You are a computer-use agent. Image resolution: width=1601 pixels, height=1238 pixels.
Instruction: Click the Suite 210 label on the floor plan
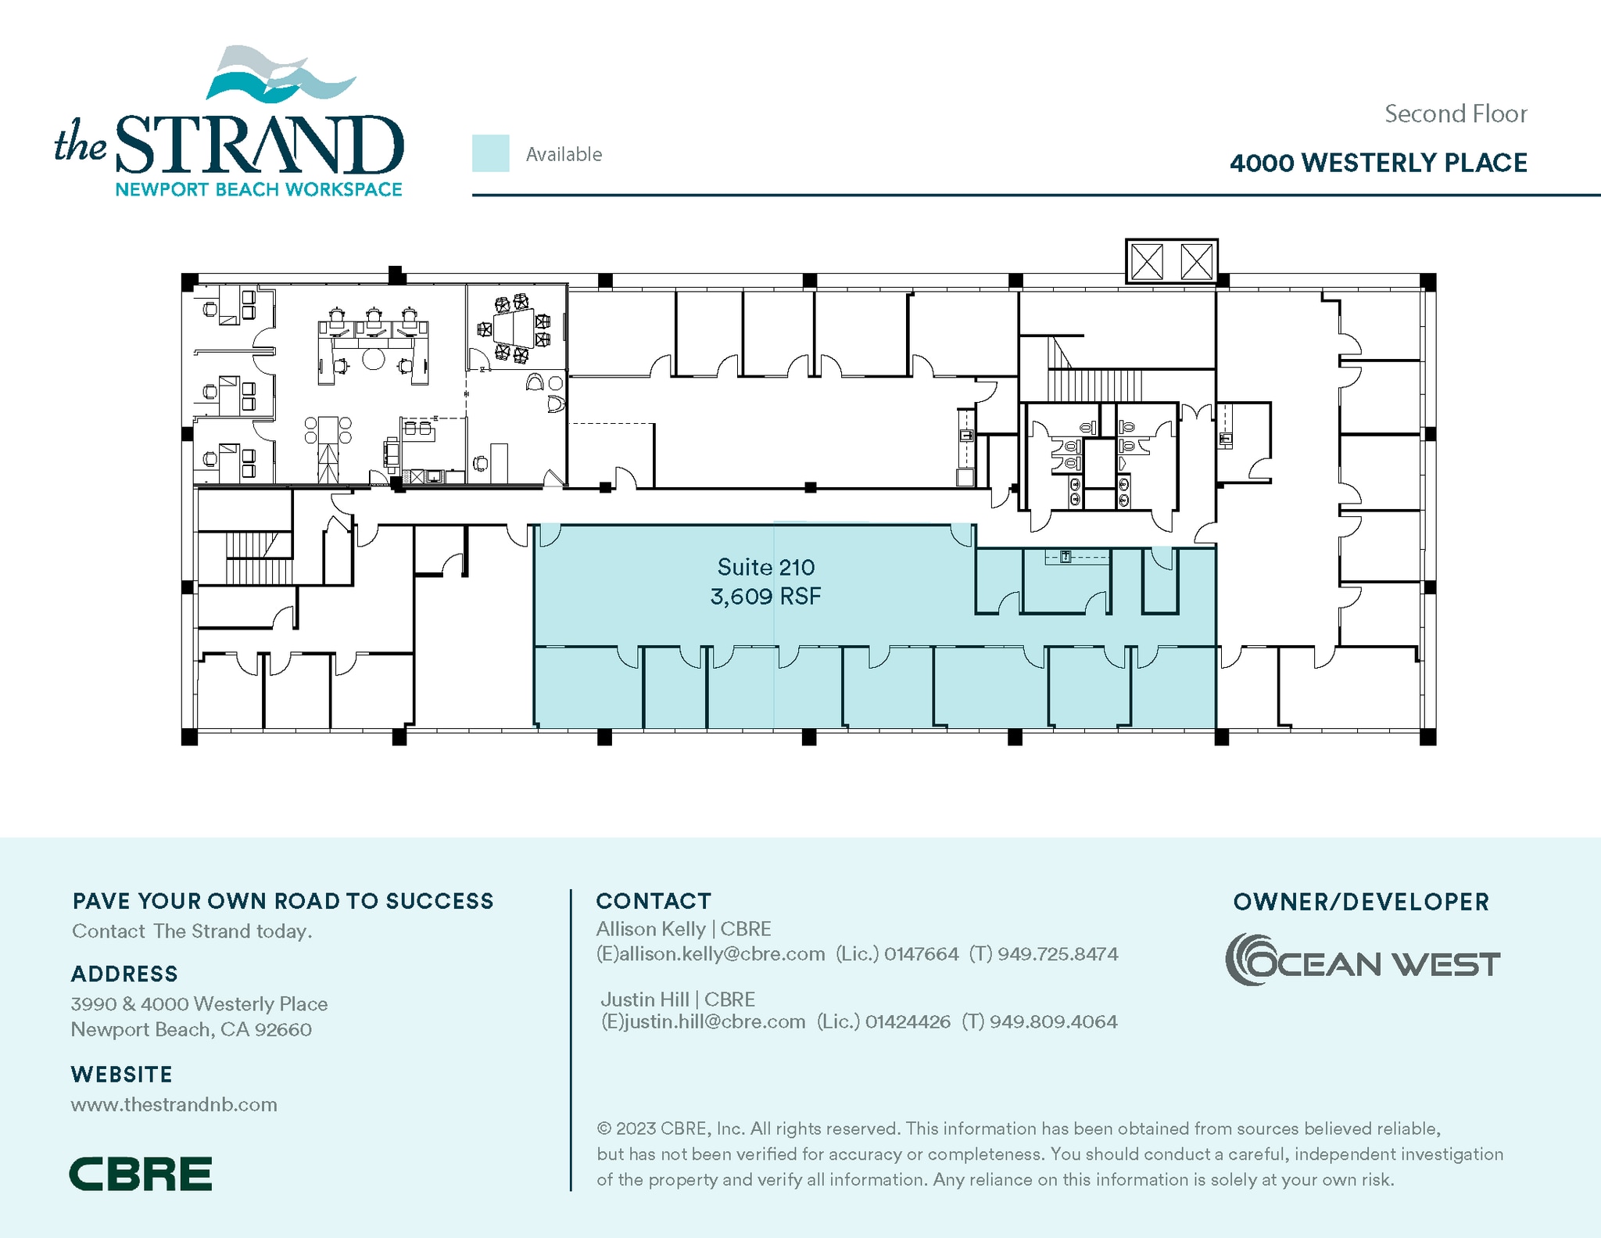click(765, 567)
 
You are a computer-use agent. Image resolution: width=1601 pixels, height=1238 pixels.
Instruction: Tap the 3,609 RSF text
click(765, 597)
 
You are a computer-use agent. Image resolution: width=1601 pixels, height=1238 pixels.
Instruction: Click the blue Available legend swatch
click(490, 153)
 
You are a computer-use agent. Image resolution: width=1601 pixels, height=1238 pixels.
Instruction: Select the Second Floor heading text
click(1455, 114)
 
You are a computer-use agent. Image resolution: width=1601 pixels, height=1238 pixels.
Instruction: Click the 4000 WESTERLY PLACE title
click(1377, 163)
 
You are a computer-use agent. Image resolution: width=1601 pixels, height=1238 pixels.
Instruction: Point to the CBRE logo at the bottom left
click(141, 1173)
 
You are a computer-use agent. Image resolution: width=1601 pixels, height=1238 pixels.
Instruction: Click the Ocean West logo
click(1361, 960)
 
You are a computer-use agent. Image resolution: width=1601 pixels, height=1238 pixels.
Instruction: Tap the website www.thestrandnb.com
click(174, 1104)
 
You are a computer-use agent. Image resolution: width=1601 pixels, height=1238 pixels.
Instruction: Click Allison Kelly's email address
click(711, 954)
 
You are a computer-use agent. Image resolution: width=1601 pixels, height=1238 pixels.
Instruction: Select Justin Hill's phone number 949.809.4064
click(1053, 1021)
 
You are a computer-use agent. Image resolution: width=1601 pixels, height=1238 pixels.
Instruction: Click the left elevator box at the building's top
click(1147, 261)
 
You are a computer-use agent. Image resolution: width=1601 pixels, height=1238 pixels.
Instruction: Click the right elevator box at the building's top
click(1196, 261)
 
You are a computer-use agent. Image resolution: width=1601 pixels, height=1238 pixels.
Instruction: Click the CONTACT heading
click(653, 901)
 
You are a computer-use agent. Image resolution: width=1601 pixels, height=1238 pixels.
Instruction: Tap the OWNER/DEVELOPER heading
click(1360, 902)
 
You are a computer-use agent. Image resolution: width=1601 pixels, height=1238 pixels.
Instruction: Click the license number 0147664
click(921, 954)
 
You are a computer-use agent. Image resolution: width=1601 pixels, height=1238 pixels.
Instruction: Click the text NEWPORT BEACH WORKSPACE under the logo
click(258, 189)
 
